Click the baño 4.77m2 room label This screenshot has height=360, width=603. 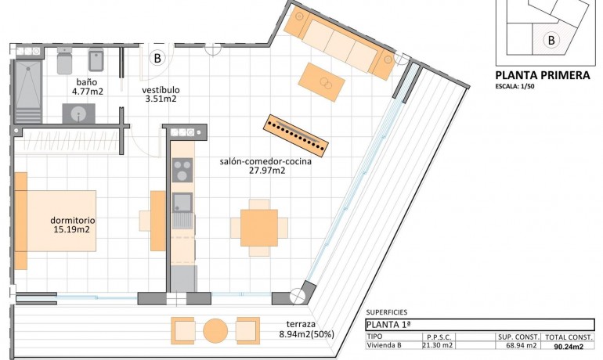pos(87,87)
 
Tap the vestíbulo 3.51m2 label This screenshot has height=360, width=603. pos(161,95)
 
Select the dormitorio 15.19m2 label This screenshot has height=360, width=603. pos(71,225)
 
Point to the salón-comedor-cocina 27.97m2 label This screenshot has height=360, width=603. pos(266,167)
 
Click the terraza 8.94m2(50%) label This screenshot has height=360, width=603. pos(306,329)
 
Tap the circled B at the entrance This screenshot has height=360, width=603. pos(157,58)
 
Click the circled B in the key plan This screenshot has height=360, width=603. pos(551,39)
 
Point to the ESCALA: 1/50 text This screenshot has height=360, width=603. pos(520,87)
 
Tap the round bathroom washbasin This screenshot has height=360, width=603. pos(79,114)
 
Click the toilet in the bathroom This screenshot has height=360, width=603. pos(64,61)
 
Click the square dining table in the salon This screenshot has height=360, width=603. pos(258,228)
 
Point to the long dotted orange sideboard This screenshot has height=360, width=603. pos(296,135)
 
